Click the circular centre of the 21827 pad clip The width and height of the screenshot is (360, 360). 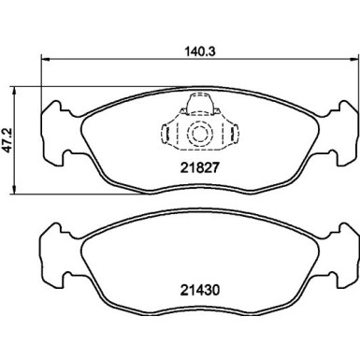198,134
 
